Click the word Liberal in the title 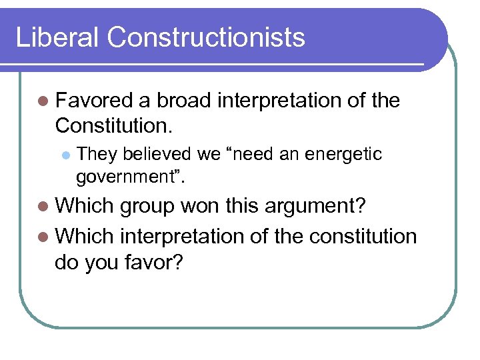[57, 37]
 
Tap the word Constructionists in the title [205, 37]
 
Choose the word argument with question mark [316, 207]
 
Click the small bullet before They [65, 155]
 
